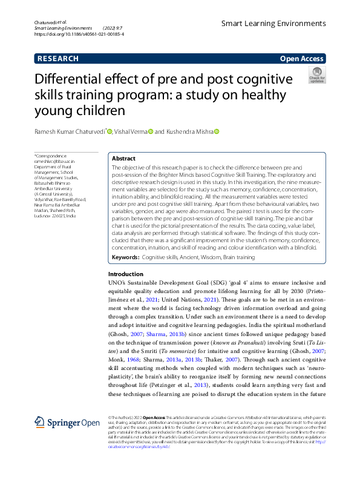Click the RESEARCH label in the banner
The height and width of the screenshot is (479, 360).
(58, 59)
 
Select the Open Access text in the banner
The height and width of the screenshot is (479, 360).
(301, 59)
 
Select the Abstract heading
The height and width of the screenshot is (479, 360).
(123, 158)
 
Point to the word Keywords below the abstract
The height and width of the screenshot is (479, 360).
(125, 258)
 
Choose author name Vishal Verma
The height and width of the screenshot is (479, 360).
(131, 131)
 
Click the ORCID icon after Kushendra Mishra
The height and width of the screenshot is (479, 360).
(216, 131)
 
